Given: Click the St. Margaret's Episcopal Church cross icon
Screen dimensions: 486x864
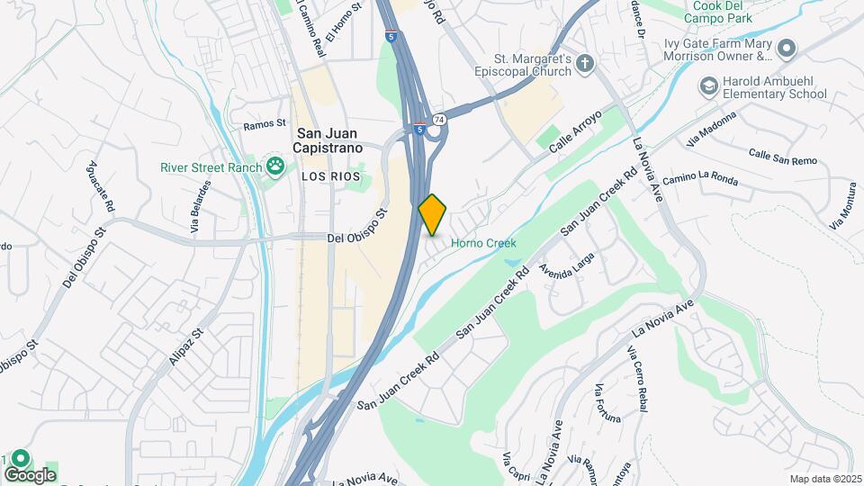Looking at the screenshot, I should pos(585,63).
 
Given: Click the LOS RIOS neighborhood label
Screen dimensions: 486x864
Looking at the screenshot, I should pos(330,177).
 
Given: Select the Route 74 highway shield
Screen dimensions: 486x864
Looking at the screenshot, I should pos(438,119).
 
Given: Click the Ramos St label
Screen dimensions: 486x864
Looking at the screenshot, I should pos(264,124).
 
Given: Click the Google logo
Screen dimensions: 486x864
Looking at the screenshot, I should pos(29,474).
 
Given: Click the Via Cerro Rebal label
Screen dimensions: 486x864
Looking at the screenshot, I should pos(638,378).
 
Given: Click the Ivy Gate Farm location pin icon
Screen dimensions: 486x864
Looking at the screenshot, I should pos(787,47).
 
